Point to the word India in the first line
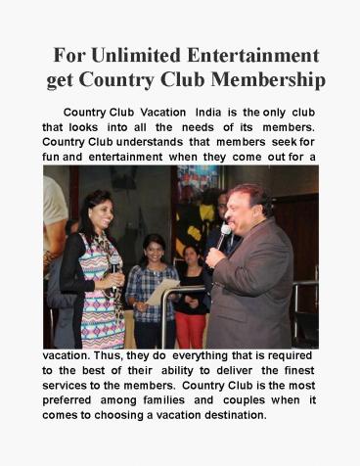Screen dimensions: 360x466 [209, 114]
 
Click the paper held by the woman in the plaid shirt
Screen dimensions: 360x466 [164, 290]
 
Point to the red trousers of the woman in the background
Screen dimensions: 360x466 [191, 328]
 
